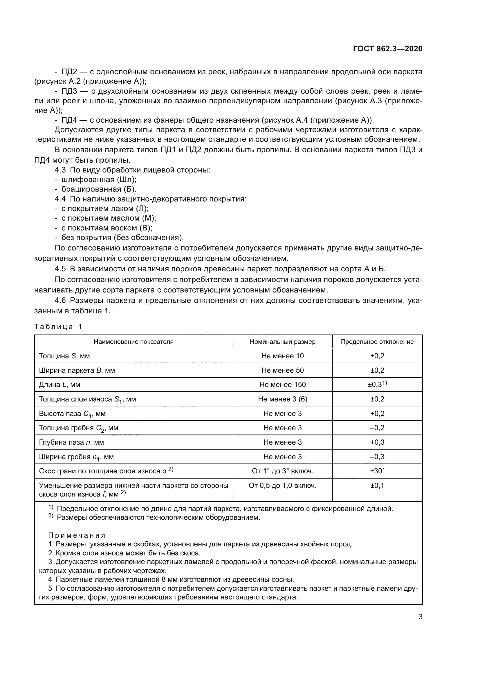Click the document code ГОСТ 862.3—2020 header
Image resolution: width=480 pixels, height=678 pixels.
387,49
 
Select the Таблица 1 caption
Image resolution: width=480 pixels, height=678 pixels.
58,327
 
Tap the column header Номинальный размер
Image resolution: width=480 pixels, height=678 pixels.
282,342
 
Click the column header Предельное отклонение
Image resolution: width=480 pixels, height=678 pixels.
377,342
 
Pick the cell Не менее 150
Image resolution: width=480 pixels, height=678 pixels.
282,384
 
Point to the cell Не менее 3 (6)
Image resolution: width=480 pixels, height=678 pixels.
282,399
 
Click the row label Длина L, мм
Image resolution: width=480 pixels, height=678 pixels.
59,384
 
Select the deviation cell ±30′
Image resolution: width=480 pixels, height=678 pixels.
377,471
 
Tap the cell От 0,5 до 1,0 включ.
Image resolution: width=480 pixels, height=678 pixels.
282,486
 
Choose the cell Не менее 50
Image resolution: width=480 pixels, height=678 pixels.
282,370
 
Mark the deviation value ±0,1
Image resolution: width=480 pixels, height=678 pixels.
377,486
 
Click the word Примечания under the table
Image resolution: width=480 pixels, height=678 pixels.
77,535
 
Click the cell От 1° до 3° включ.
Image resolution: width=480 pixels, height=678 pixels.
282,471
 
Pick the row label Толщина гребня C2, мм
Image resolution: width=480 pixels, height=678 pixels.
78,428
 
